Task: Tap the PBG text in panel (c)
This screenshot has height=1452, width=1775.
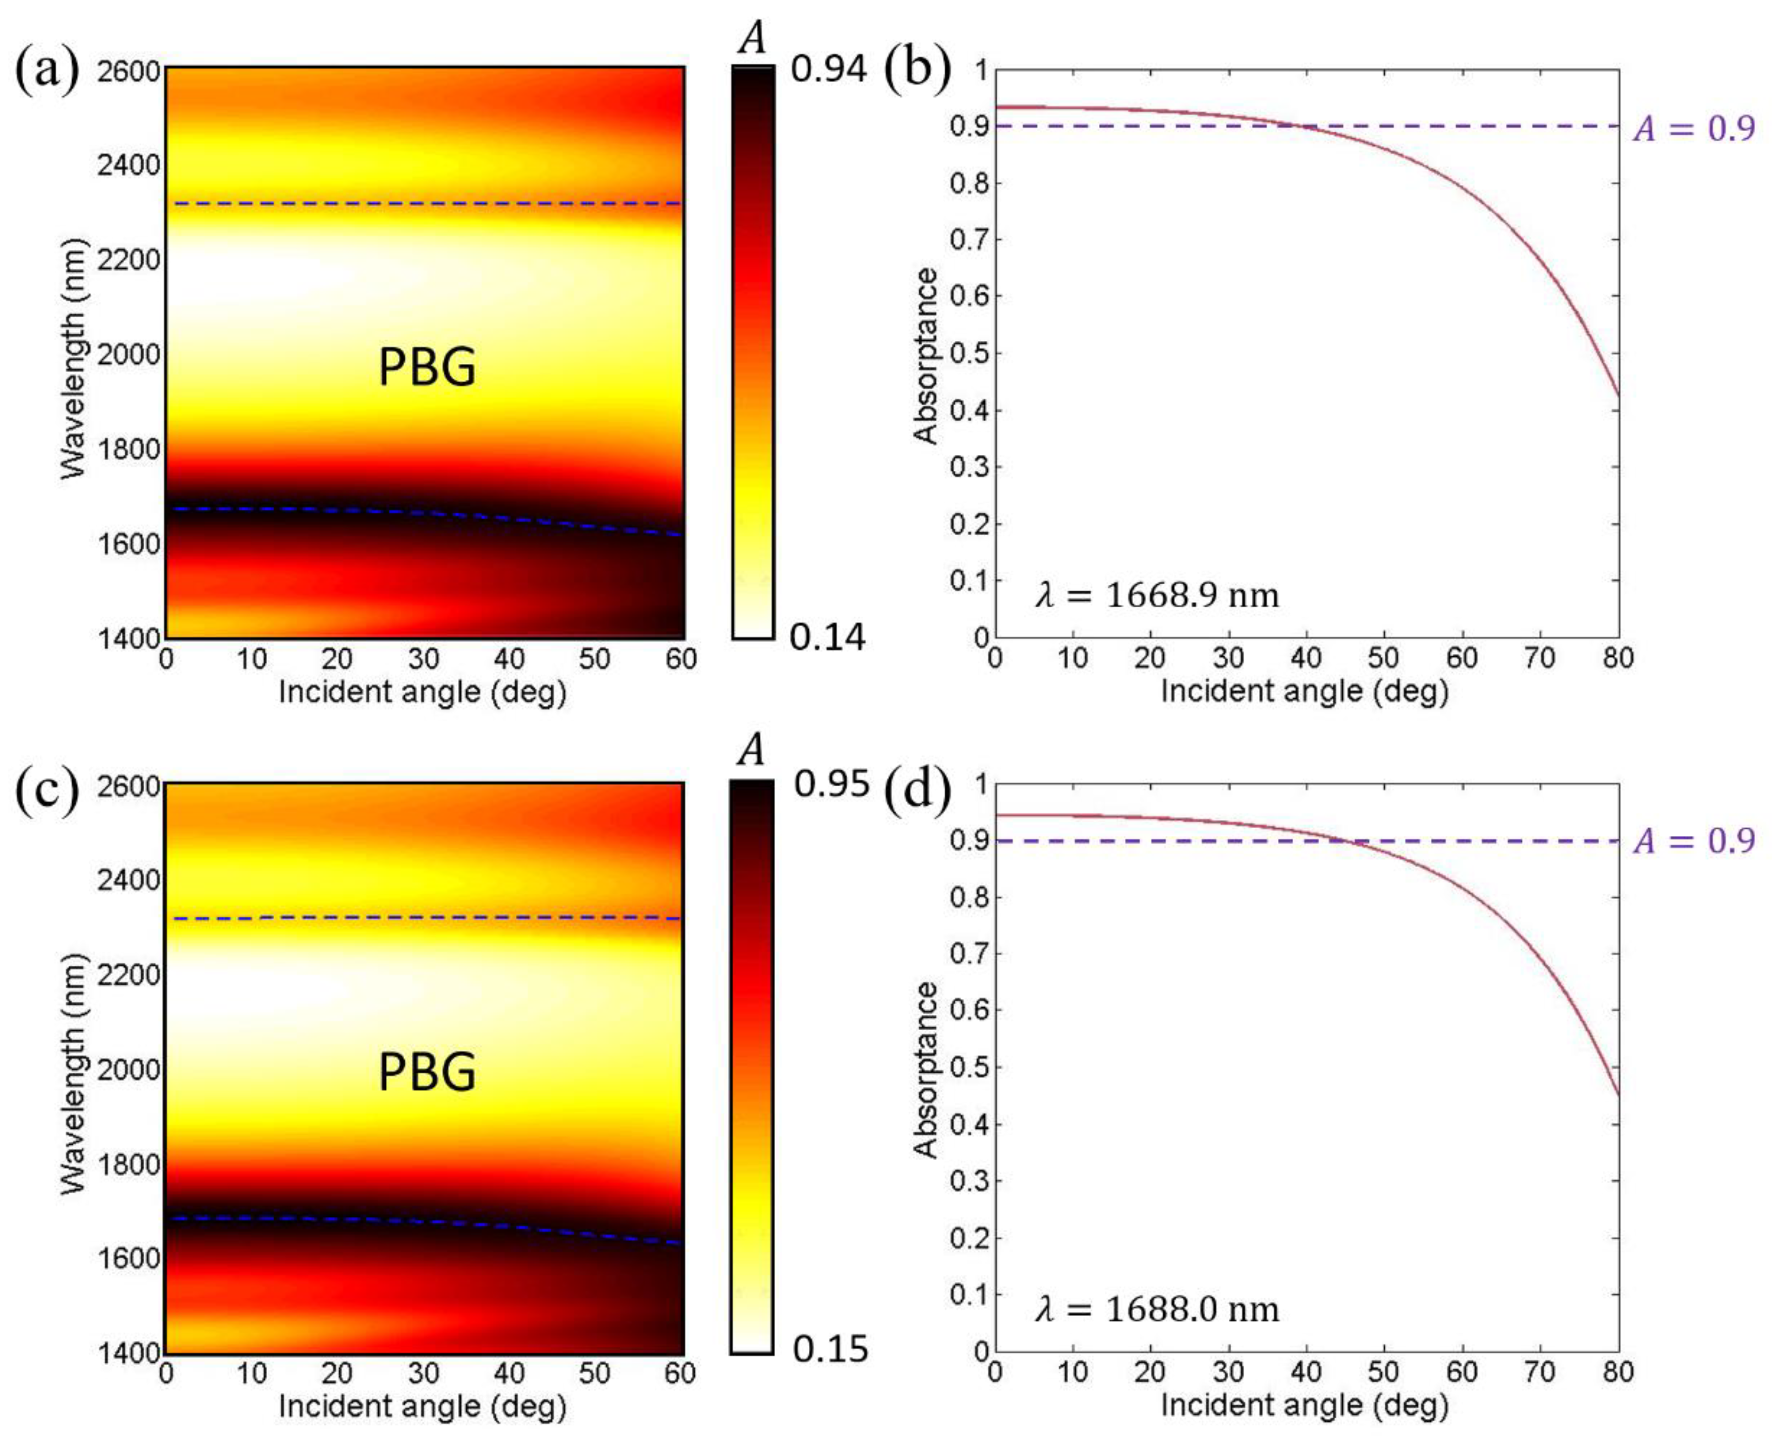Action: pyautogui.click(x=427, y=1072)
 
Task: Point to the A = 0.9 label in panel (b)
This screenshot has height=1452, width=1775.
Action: pyautogui.click(x=1694, y=128)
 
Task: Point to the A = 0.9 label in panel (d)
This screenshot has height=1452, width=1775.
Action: pyautogui.click(x=1694, y=841)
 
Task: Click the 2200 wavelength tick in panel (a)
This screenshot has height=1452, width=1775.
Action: pyautogui.click(x=128, y=260)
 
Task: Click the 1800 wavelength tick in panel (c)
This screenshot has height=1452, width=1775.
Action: pyautogui.click(x=128, y=1163)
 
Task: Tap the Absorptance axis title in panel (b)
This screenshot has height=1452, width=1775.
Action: pyautogui.click(x=925, y=356)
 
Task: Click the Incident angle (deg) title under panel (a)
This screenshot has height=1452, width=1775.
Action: pyautogui.click(x=422, y=693)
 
